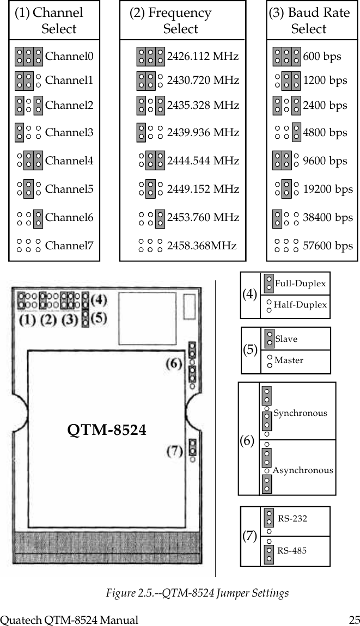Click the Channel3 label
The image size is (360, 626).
tap(69, 132)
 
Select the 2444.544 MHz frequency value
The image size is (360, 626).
tap(203, 161)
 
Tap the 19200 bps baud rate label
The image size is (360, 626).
tap(327, 189)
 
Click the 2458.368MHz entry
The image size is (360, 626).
tap(202, 246)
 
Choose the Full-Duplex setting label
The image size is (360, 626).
tap(300, 283)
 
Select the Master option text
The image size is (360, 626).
tap(289, 360)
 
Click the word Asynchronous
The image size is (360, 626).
tap(303, 470)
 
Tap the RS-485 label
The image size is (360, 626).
tap(292, 550)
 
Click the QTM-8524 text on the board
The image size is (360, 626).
tap(107, 430)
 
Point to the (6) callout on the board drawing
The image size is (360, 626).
tap(174, 365)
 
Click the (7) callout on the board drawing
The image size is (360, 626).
tap(174, 451)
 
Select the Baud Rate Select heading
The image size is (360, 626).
tap(309, 21)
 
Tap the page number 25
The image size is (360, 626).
tap(354, 619)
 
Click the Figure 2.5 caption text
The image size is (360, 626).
tap(197, 593)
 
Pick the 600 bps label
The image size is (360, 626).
tap(322, 56)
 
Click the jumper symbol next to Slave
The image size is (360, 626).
tap(269, 338)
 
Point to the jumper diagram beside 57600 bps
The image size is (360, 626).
tap(286, 246)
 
